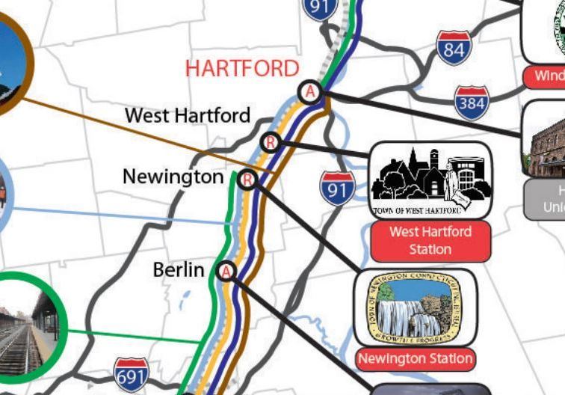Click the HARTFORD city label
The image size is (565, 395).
[242, 69]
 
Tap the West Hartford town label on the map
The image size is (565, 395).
[188, 115]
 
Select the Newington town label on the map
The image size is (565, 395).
[173, 177]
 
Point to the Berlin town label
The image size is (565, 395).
[178, 269]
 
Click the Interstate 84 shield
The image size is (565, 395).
[454, 48]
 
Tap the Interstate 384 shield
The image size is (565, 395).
[472, 102]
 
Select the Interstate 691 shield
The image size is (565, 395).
[131, 376]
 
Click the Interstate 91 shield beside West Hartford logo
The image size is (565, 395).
[337, 188]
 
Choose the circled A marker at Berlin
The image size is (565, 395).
[226, 271]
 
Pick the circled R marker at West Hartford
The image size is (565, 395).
[271, 141]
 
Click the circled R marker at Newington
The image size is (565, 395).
[248, 180]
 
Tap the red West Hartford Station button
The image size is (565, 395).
[430, 240]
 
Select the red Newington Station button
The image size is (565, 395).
[415, 359]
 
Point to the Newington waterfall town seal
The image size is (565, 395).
[415, 307]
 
